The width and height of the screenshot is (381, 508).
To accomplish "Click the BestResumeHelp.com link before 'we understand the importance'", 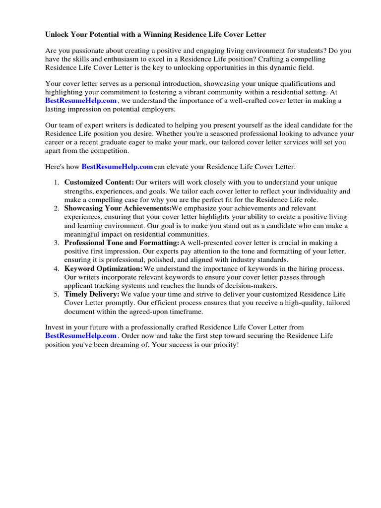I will click(x=81, y=101).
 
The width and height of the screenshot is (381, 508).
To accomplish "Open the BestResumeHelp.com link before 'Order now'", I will click(x=81, y=336).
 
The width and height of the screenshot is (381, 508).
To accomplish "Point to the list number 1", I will click(x=57, y=183).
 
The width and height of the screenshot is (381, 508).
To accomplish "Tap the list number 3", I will click(x=57, y=243).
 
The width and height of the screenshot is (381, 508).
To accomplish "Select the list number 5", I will click(x=57, y=294).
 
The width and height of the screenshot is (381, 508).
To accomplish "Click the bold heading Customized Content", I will click(x=99, y=183).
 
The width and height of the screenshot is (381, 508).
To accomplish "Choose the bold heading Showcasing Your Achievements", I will click(x=118, y=208).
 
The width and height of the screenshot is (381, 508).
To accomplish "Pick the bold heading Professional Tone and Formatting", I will click(x=122, y=243).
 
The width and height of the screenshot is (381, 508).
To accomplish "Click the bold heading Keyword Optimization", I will click(x=103, y=268).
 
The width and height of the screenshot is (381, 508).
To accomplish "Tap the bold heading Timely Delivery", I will click(x=92, y=294).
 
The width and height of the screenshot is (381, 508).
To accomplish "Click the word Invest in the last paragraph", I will click(x=55, y=327).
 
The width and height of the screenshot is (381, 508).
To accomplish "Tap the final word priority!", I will click(x=225, y=344).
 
